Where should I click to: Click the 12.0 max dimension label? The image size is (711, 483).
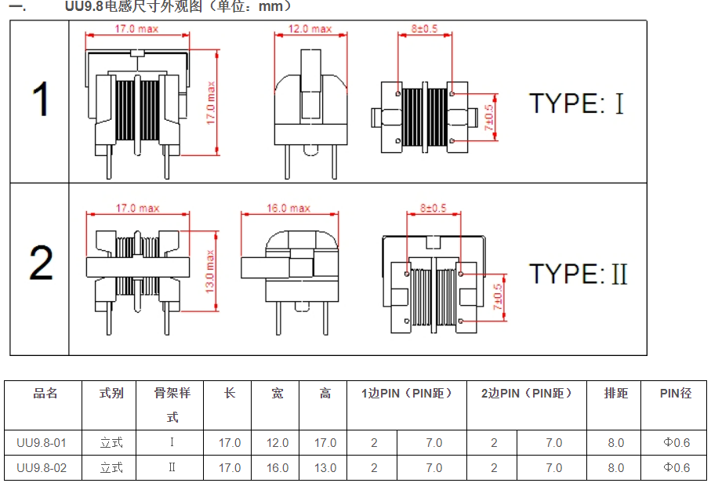click(x=310, y=29)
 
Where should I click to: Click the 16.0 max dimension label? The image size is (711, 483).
click(x=288, y=209)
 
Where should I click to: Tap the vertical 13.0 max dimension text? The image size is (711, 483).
click(x=210, y=268)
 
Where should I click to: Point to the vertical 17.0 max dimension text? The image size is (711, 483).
click(x=210, y=101)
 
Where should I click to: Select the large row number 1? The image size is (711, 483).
click(x=40, y=101)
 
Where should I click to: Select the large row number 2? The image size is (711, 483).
click(x=41, y=263)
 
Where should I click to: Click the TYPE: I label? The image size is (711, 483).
click(x=577, y=103)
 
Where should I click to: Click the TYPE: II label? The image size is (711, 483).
click(x=579, y=274)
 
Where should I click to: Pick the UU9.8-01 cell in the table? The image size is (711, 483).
click(x=42, y=443)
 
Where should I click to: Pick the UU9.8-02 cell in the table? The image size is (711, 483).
click(x=42, y=468)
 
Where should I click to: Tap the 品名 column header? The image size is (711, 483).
click(x=45, y=393)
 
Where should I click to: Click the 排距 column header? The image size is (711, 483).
click(x=615, y=393)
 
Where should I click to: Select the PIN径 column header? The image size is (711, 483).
click(x=676, y=393)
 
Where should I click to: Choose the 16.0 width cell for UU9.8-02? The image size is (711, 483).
click(x=278, y=468)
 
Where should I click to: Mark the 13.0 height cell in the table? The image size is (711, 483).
click(x=325, y=468)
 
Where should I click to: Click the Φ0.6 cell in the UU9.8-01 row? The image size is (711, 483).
click(x=677, y=443)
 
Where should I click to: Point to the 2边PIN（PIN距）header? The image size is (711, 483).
click(x=526, y=393)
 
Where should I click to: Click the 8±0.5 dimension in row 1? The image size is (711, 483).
click(x=424, y=29)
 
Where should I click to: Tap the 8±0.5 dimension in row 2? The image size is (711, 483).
click(x=433, y=209)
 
